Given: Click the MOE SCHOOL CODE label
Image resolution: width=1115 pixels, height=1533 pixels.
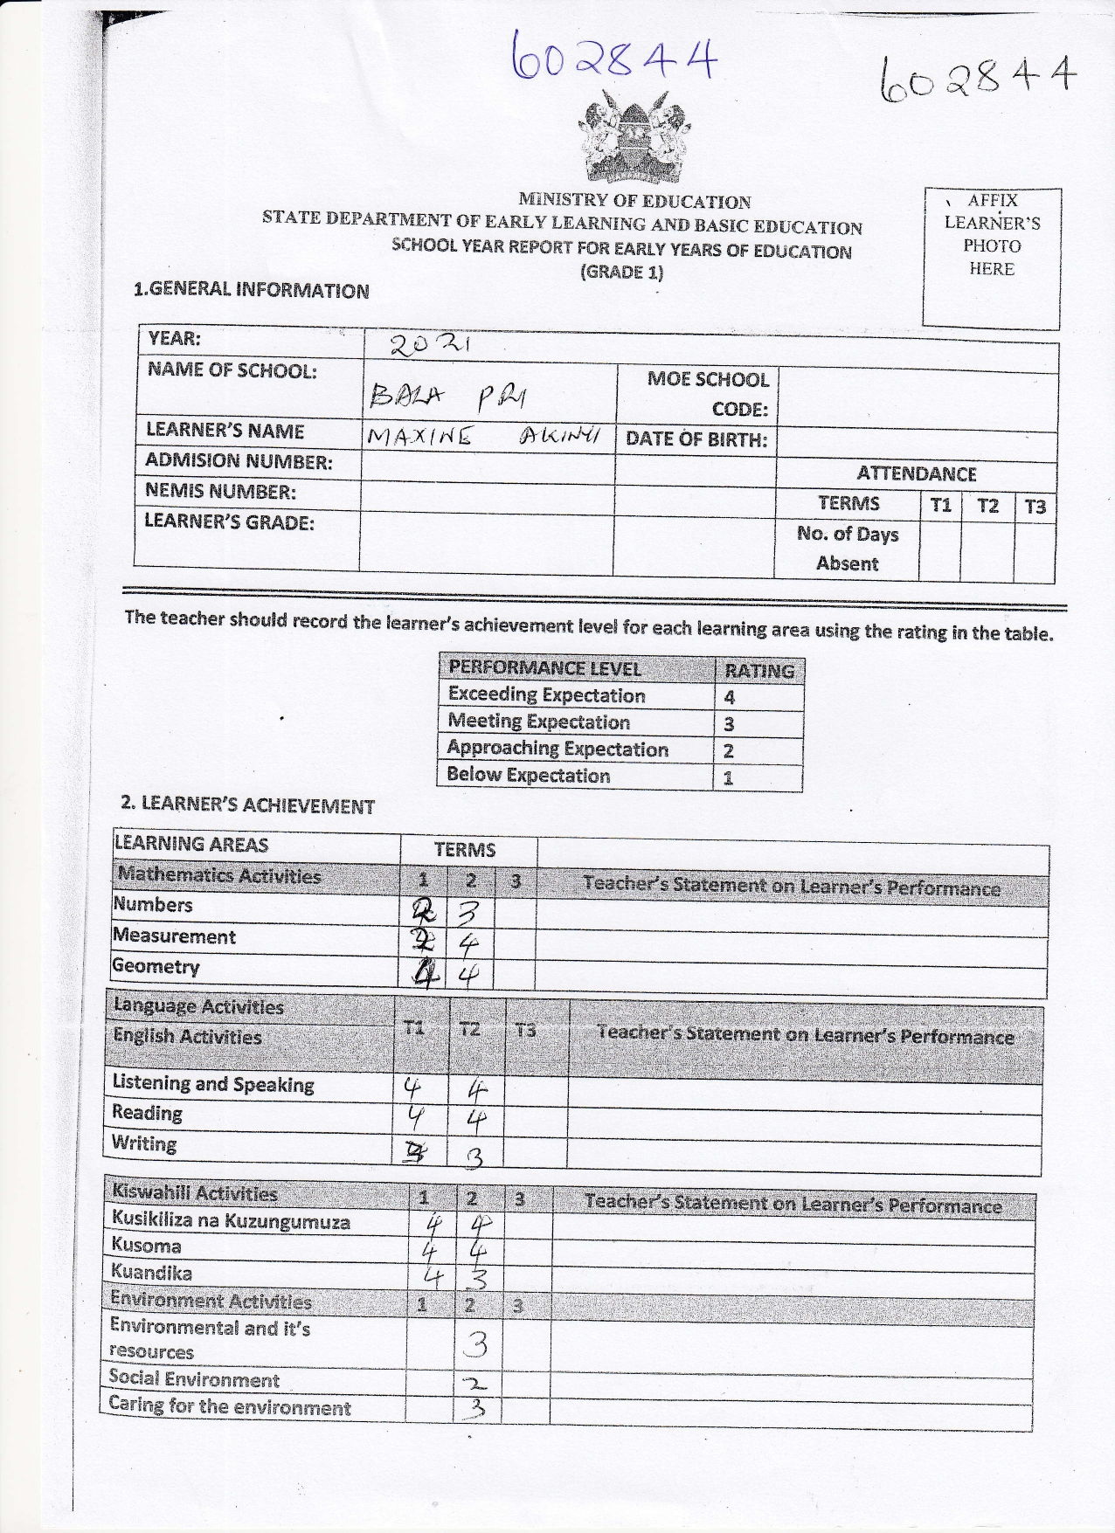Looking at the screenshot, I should (708, 394).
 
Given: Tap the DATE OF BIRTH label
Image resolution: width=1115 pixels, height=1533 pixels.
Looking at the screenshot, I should (696, 439).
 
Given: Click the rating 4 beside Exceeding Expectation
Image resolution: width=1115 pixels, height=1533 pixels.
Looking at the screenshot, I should (730, 697).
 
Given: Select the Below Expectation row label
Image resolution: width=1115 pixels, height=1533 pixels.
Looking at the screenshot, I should (528, 776).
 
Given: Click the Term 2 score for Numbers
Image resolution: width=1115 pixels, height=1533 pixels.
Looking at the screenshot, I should (469, 913).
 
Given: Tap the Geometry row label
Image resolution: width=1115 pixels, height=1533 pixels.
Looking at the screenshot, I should (156, 967).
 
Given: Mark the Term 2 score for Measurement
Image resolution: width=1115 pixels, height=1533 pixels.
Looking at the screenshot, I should (469, 943).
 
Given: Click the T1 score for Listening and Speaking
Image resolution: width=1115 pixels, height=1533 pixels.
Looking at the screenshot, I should (412, 1088).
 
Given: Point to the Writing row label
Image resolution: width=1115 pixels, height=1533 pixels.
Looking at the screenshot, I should (144, 1144).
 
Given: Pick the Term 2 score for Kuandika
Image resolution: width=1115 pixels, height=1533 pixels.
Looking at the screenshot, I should (478, 1279).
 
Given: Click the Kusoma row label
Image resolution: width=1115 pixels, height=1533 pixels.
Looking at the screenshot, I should (146, 1246).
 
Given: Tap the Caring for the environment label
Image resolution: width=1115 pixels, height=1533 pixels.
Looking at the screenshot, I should (229, 1407).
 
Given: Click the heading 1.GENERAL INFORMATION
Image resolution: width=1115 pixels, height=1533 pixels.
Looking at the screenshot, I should (251, 291).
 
